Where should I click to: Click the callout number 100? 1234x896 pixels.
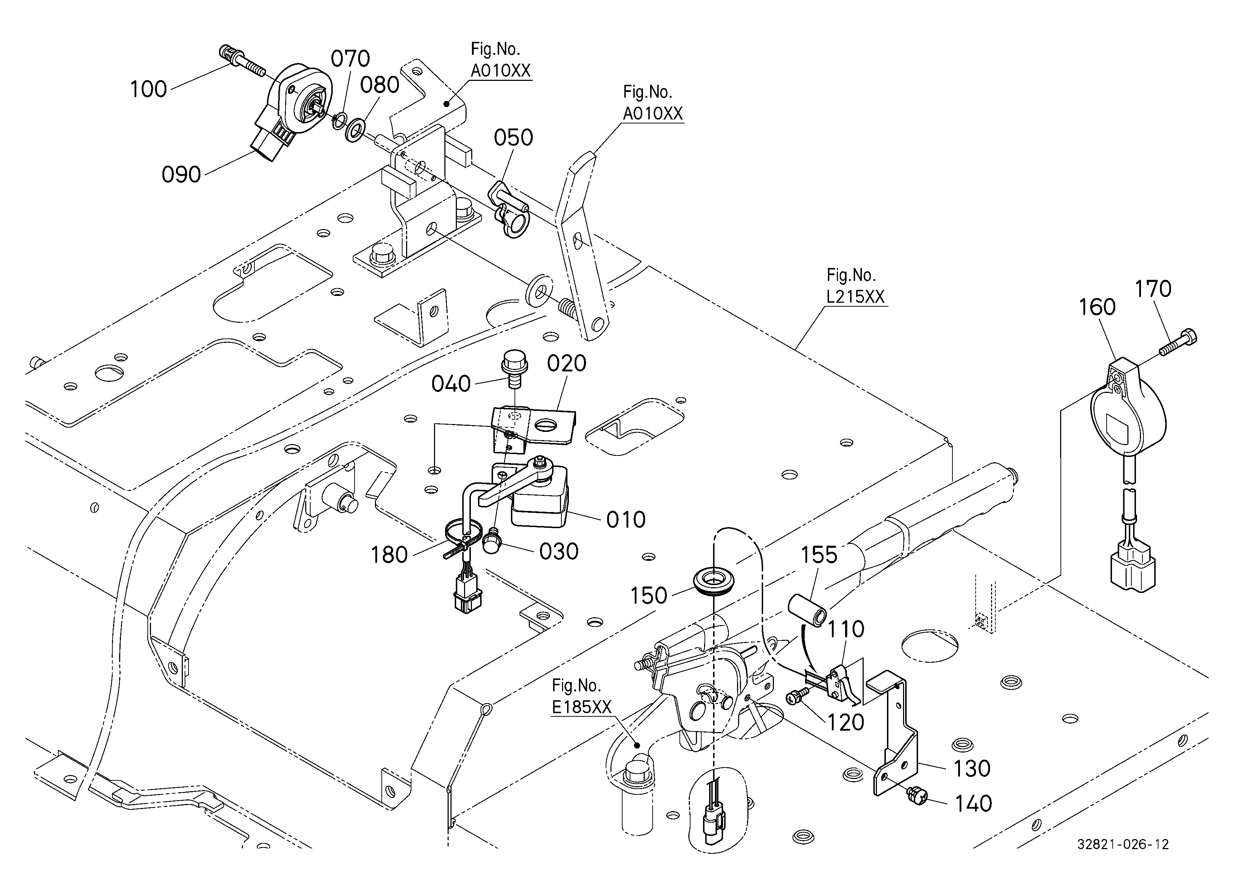coord(148,89)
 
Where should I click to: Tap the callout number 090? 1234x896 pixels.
coord(181,175)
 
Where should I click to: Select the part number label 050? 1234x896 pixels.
coord(513,138)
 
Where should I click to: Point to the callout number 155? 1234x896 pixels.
coord(819,555)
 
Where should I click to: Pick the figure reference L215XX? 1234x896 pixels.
coord(856,297)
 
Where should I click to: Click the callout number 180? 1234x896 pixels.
coord(389,555)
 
